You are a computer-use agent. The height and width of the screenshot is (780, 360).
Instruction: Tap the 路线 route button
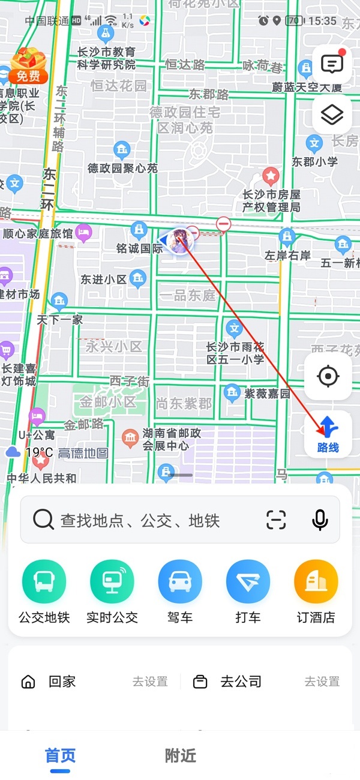coord(328,434)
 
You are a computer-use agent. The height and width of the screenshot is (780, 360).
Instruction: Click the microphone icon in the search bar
coord(320,520)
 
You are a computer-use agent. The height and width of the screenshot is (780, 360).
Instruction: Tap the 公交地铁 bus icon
coord(44,581)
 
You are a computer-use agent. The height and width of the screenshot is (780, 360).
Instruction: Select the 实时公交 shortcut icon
coord(112,581)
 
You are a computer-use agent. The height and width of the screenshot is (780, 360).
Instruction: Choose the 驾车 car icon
coord(180,581)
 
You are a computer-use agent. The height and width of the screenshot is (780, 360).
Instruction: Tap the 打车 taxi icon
coord(248,581)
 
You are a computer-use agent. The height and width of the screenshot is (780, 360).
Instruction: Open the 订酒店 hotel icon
coord(316,581)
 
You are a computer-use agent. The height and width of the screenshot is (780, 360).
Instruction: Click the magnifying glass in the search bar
coord(43,520)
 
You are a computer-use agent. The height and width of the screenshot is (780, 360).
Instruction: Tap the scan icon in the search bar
coord(276,520)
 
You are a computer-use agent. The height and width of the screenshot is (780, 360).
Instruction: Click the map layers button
coord(332,115)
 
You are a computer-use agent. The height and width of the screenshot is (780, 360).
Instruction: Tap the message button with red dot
coord(332,64)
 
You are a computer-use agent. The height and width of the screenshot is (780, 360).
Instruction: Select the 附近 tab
coord(181,756)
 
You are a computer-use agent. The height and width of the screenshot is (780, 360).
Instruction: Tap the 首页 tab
coord(61,756)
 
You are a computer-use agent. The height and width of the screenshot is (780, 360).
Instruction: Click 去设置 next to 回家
coord(150,682)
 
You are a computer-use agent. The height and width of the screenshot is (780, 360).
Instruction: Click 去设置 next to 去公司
coord(322,682)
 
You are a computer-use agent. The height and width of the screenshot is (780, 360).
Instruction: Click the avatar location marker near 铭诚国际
coord(178,241)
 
